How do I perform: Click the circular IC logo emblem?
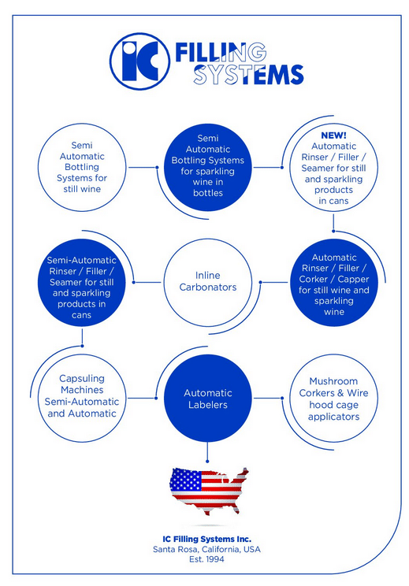(139, 61)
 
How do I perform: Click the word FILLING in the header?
(221, 52)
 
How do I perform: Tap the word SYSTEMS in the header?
(248, 75)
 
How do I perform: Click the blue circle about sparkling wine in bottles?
(208, 167)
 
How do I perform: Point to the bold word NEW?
(333, 135)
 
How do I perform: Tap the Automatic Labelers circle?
(208, 399)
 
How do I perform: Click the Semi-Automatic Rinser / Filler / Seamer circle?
(82, 282)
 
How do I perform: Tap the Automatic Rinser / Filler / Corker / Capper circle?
(333, 282)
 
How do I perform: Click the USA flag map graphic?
(209, 491)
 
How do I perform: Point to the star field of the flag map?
(186, 480)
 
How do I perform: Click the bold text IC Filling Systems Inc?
(206, 539)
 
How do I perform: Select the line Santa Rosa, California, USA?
(206, 550)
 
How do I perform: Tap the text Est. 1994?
(206, 559)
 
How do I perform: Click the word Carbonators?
(208, 287)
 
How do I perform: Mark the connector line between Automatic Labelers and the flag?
(207, 452)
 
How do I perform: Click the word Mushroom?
(333, 381)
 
